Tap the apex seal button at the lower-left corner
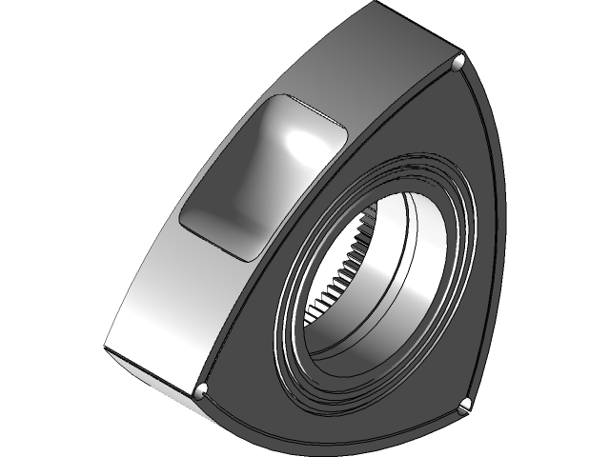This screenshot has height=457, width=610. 201,391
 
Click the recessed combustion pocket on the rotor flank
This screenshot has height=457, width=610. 257,176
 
